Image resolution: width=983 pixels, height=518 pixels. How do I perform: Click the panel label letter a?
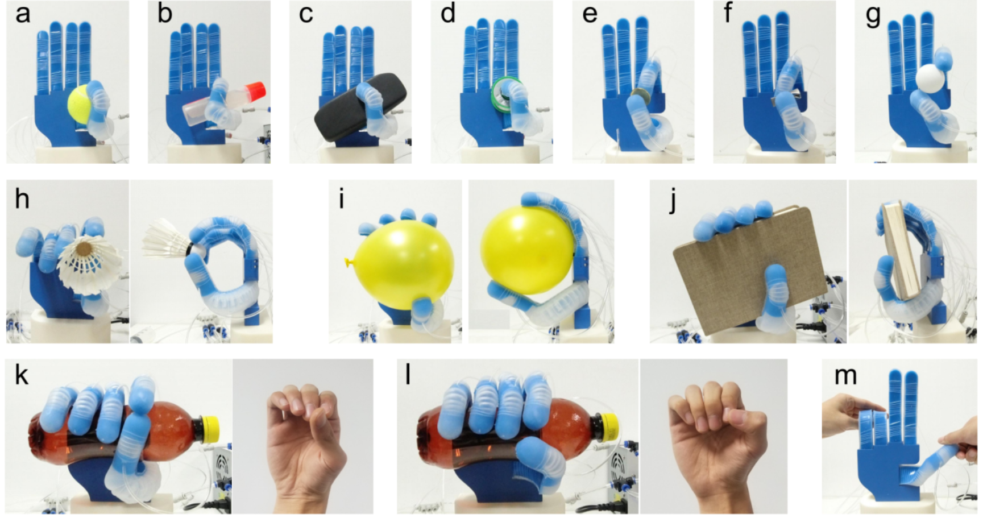point(22,14)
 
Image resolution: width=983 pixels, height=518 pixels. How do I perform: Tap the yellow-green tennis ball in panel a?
point(84,105)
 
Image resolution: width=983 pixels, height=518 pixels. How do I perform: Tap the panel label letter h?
point(22,198)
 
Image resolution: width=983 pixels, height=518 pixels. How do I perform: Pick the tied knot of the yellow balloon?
point(348,262)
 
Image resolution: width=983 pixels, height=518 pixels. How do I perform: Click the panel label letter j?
point(672,200)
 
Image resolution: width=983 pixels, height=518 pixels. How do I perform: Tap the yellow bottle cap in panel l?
point(609,428)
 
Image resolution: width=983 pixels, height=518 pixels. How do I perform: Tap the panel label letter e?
point(590,14)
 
